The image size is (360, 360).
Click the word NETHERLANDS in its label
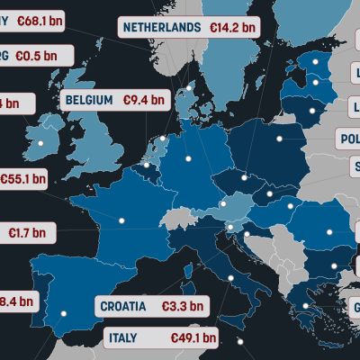pyautogui.click(x=162, y=27)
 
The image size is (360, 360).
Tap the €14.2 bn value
pyautogui.click(x=232, y=27)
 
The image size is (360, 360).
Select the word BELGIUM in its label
pyautogui.click(x=88, y=100)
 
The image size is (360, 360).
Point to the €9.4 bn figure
pyautogui.click(x=144, y=100)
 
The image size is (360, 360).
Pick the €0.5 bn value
pyautogui.click(x=33, y=56)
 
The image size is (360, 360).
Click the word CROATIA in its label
pyautogui.click(x=123, y=306)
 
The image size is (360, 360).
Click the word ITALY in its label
pyautogui.click(x=123, y=338)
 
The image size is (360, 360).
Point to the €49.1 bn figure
pyautogui.click(x=193, y=338)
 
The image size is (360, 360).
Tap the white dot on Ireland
pyautogui.click(x=40, y=141)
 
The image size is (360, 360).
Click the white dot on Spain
pyautogui.click(x=64, y=313)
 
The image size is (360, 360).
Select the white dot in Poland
pyautogui.click(x=279, y=139)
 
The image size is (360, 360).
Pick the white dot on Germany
pyautogui.click(x=190, y=159)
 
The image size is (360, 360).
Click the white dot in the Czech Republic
pyautogui.click(x=244, y=176)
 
